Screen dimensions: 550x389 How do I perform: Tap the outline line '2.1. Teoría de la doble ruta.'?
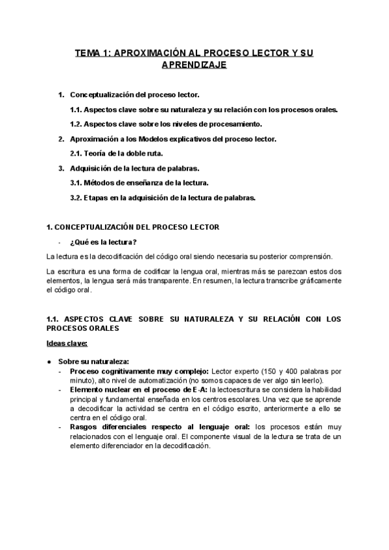(x=117, y=154)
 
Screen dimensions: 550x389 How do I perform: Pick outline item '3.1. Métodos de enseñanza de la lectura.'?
(x=139, y=183)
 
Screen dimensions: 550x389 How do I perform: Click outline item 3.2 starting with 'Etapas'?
(x=162, y=198)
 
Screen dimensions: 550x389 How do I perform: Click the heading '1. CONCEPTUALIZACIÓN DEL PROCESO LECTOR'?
(x=133, y=227)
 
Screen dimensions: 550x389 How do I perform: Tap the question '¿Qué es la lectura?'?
(x=104, y=242)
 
